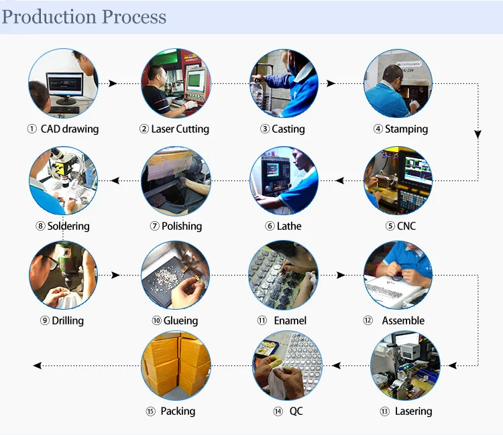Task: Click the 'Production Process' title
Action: point(84,17)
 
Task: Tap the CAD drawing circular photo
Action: point(63,83)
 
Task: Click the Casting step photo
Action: point(284,83)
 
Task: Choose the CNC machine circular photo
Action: point(398,180)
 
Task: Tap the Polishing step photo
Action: point(175,180)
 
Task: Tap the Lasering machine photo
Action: point(405,365)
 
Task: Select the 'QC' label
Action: point(296,411)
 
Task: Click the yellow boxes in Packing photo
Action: point(175,365)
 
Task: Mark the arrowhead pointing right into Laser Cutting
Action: point(113,83)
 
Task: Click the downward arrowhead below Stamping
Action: point(478,134)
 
